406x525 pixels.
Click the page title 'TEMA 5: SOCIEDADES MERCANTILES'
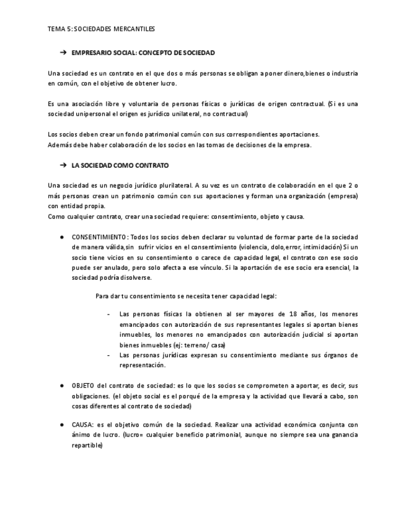coord(101,28)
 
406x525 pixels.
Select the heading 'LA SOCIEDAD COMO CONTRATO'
coord(120,166)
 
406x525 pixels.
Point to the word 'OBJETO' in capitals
coord(84,385)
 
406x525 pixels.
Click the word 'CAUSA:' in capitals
coord(83,425)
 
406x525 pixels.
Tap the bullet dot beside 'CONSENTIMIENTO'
coord(62,238)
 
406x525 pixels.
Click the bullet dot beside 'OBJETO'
coord(62,385)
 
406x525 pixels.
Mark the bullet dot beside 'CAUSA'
coord(62,425)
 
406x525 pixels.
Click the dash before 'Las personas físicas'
coord(109,314)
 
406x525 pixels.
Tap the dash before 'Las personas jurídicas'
coord(109,355)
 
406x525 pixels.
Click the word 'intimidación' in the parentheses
coord(319,248)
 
